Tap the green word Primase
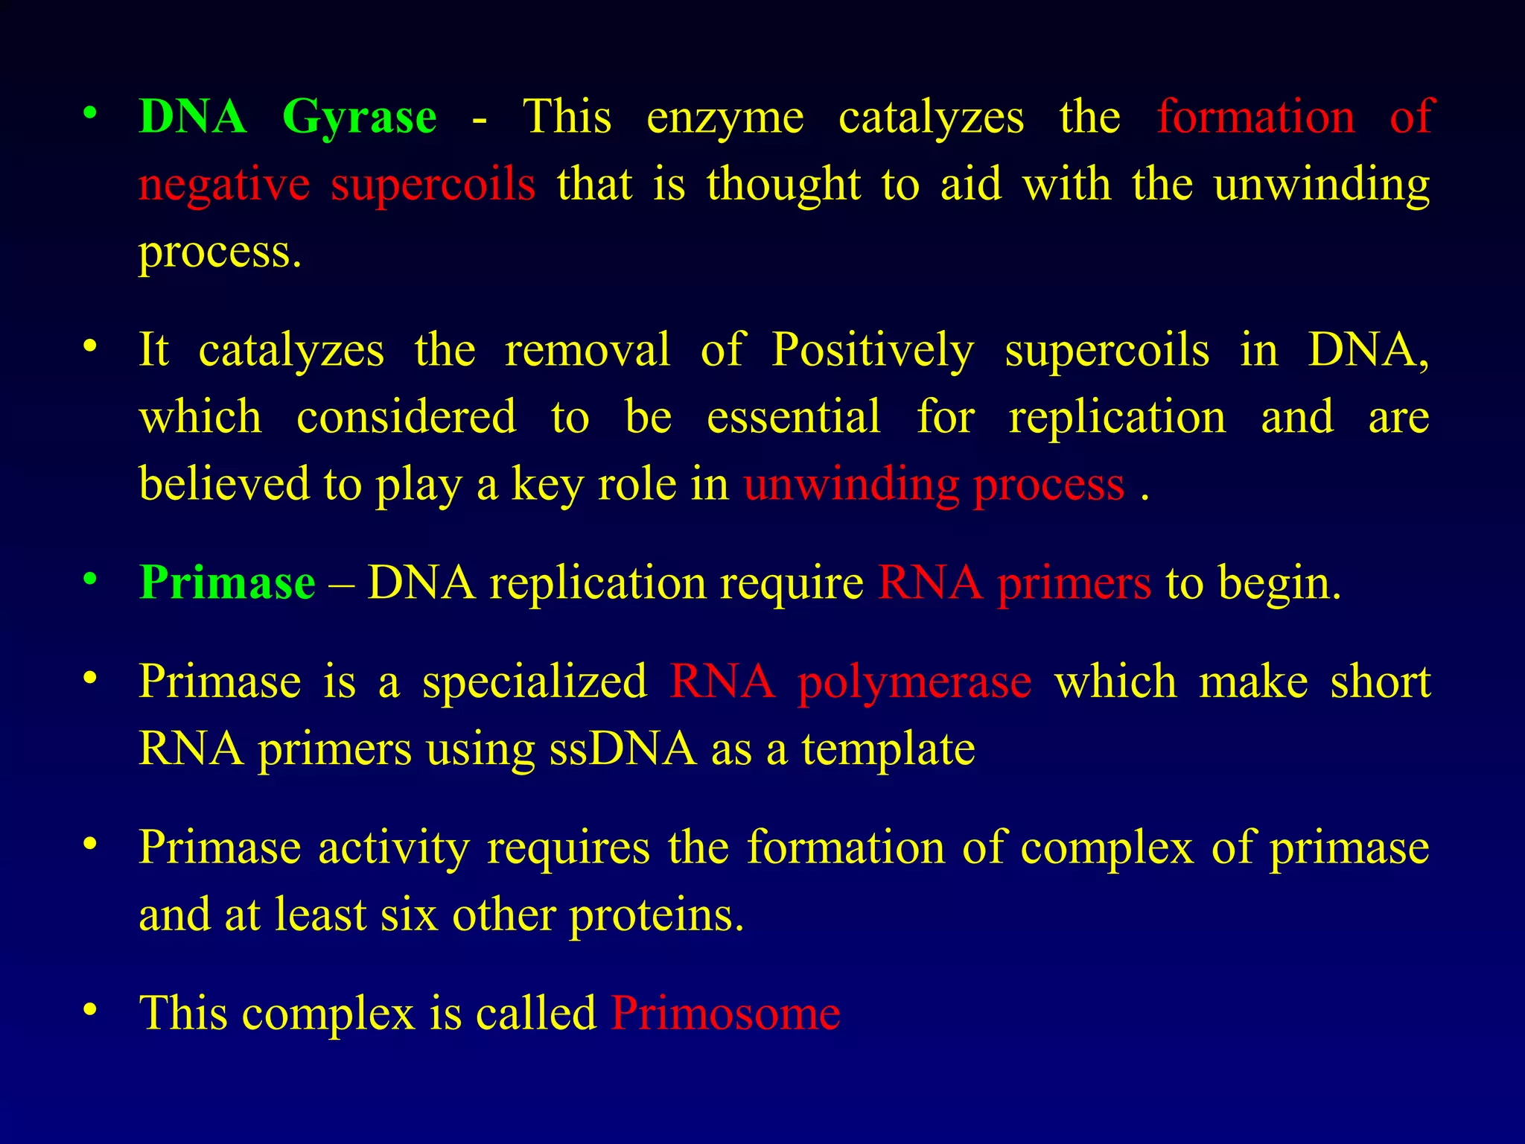[227, 582]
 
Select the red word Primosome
[725, 1014]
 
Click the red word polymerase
[914, 683]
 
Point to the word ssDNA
[623, 749]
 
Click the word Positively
[872, 351]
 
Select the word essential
[793, 417]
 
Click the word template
[888, 749]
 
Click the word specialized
[535, 683]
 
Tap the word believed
[224, 484]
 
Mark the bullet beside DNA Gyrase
[90, 115]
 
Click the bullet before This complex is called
[90, 1010]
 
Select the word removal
[587, 350]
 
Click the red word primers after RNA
[1074, 584]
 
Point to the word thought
[783, 185]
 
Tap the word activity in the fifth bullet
[394, 849]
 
